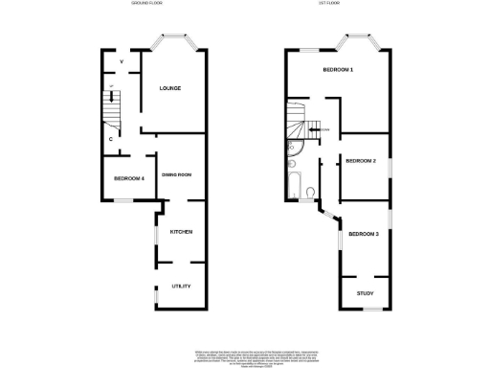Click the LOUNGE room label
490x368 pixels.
point(170,89)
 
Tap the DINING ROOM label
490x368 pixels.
point(177,174)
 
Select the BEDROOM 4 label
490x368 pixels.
point(128,178)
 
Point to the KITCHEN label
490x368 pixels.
point(182,232)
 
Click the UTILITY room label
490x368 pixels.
point(182,286)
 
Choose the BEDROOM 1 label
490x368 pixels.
point(338,71)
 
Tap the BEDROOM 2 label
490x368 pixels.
point(360,161)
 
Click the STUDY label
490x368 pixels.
point(365,293)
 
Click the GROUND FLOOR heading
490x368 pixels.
point(147,5)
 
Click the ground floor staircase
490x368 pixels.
point(113,108)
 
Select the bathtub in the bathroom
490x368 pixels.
point(291,177)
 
